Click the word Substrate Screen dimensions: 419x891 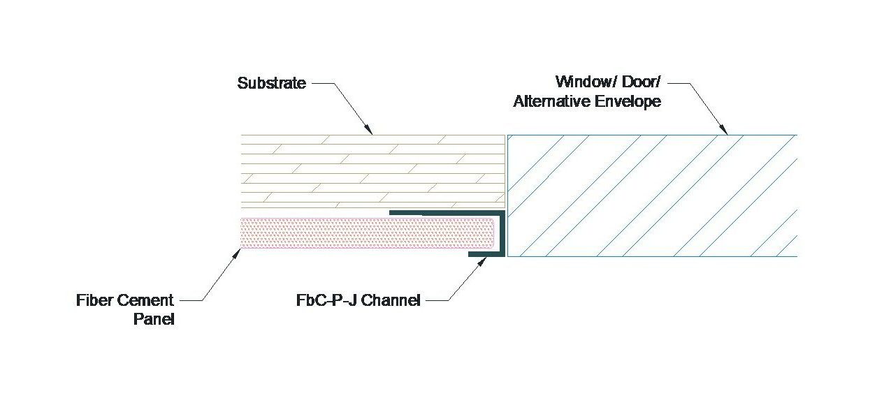271,83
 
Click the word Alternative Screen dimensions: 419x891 549,101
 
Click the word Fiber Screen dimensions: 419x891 95,301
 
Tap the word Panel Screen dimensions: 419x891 153,321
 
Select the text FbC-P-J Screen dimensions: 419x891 326,302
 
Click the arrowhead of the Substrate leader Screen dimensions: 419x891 370,131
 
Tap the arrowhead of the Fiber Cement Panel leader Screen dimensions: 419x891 238,252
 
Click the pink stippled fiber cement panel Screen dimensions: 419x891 363,233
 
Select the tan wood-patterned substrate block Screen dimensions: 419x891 370,171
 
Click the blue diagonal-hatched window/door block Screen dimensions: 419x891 650,195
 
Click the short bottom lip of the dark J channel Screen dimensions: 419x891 486,256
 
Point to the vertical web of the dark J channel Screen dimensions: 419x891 501,234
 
